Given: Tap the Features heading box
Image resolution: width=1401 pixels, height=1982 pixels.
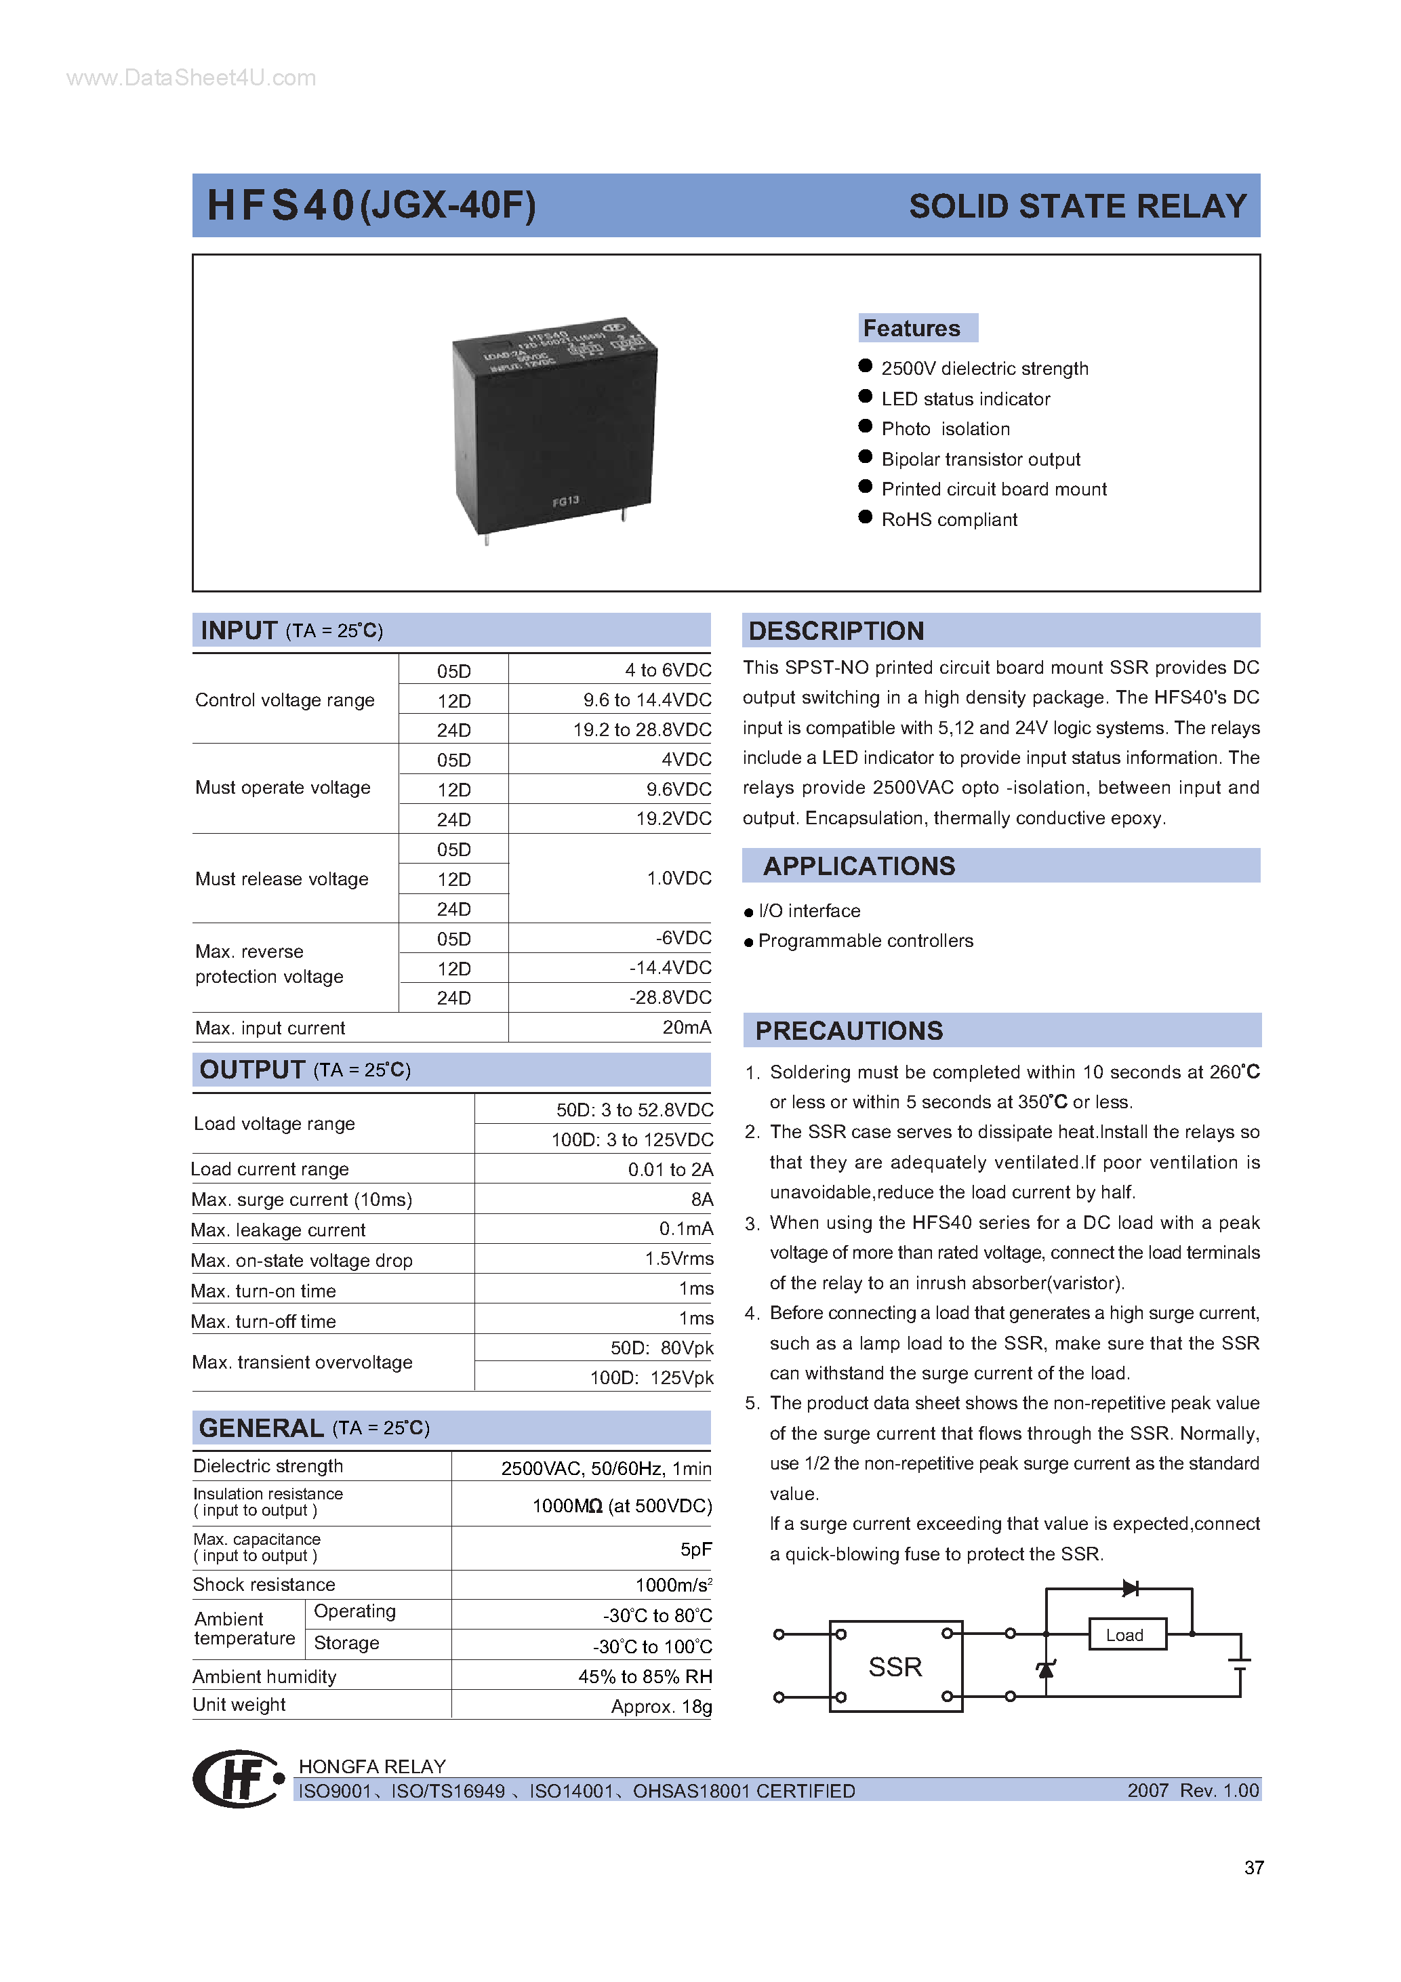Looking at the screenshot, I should pyautogui.click(x=917, y=328).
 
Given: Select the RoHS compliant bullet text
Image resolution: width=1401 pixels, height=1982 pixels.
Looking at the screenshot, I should pyautogui.click(x=949, y=520).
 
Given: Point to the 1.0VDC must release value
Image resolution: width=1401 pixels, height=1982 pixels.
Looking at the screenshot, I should pyautogui.click(x=678, y=878).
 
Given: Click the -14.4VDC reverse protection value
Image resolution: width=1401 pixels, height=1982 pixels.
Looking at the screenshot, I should pyautogui.click(x=670, y=968).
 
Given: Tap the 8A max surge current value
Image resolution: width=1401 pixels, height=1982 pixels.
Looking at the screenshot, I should pyautogui.click(x=702, y=1199).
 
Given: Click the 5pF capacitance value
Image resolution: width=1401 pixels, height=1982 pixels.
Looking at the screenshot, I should pyautogui.click(x=695, y=1549).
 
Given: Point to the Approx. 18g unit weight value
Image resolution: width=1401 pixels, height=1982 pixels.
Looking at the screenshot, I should pyautogui.click(x=662, y=1707).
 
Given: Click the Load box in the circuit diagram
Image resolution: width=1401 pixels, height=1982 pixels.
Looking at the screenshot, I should pyautogui.click(x=1126, y=1635).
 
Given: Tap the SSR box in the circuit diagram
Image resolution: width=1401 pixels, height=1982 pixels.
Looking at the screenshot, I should pyautogui.click(x=895, y=1667).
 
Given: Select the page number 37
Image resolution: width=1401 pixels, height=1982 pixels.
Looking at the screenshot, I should pyautogui.click(x=1253, y=1868).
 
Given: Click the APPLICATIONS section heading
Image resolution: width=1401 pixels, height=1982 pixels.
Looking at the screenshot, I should pyautogui.click(x=859, y=866).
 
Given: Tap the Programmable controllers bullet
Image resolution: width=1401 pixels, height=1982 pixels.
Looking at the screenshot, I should pyautogui.click(x=865, y=941).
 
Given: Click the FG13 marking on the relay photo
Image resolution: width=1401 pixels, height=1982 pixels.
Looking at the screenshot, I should pyautogui.click(x=565, y=502).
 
